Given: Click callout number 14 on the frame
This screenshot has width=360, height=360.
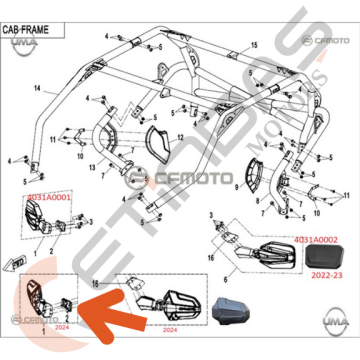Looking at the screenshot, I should click(x=37, y=90).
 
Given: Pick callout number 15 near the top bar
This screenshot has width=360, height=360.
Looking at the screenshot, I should click(x=254, y=46).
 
